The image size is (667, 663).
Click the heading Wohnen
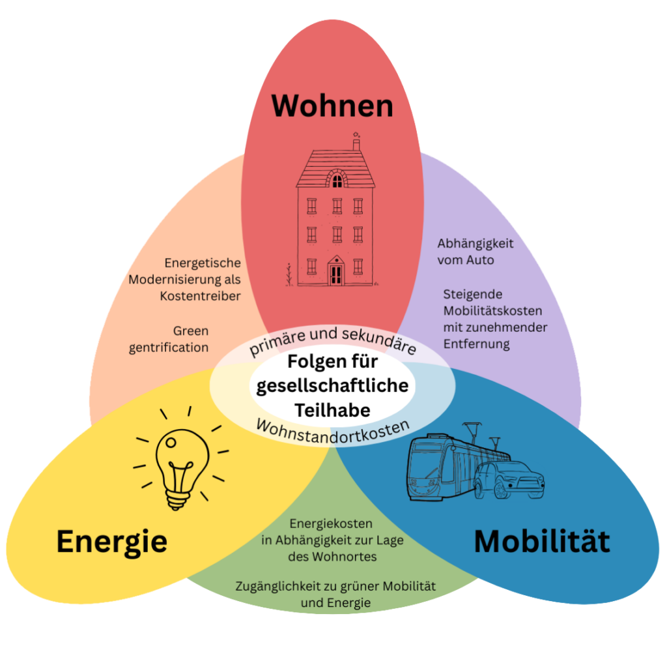[x=333, y=106]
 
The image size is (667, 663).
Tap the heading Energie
[x=111, y=541]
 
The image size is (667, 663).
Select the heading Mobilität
[x=542, y=541]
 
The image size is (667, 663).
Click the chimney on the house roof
[x=356, y=143]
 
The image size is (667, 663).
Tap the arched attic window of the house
[x=337, y=178]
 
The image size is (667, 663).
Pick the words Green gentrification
[x=171, y=339]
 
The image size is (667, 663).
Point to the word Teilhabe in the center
[x=332, y=410]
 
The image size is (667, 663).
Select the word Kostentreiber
[x=200, y=295]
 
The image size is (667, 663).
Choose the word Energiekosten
[x=331, y=523]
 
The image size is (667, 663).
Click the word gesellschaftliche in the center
[x=333, y=385]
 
